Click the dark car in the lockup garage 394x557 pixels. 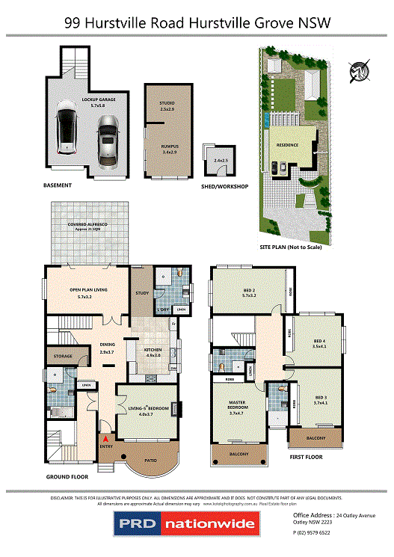[x=67, y=130]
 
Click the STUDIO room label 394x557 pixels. [x=166, y=104]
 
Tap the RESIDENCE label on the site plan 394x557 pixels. [x=288, y=145]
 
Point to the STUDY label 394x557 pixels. [x=142, y=293]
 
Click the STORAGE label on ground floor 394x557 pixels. [x=63, y=356]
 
